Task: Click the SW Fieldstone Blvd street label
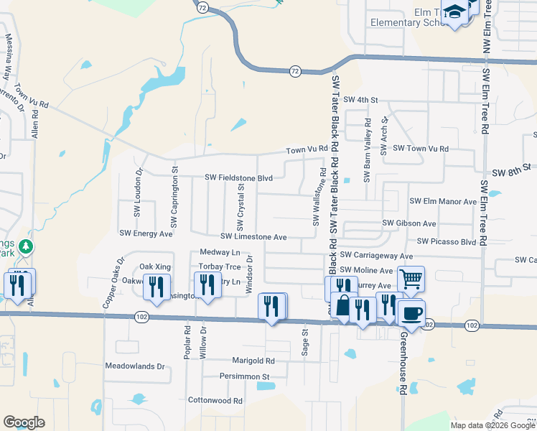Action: pos(239,177)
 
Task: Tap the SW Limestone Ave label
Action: pos(253,236)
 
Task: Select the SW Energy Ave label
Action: pos(146,233)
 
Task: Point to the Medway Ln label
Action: pos(220,253)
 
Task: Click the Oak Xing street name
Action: pos(154,267)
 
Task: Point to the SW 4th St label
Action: pos(360,99)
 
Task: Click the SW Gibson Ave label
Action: pos(409,223)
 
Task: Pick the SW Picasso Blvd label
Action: pos(446,241)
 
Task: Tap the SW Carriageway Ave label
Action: pos(376,255)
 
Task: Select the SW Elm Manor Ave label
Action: pos(443,202)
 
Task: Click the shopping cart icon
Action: pos(411,278)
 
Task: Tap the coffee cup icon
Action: pos(411,312)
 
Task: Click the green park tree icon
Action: pos(27,247)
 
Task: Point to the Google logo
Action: pos(24,422)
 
